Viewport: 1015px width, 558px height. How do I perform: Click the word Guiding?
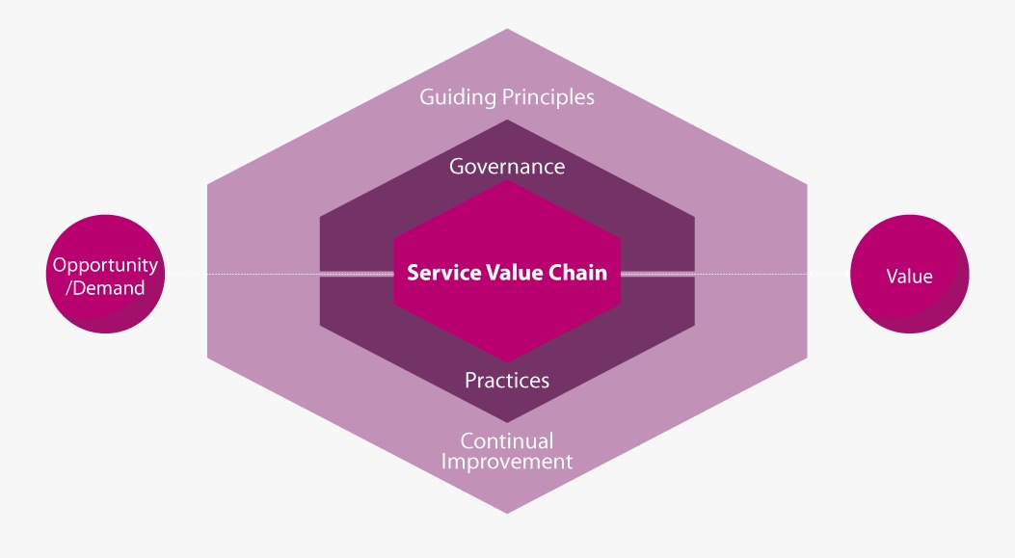pyautogui.click(x=458, y=97)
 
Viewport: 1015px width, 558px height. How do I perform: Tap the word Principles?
pyautogui.click(x=548, y=97)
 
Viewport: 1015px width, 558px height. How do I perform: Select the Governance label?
pyautogui.click(x=507, y=167)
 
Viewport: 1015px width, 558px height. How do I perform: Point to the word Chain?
pyautogui.click(x=578, y=273)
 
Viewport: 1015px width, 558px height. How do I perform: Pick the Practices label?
pyautogui.click(x=507, y=380)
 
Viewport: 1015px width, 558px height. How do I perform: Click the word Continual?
pyautogui.click(x=507, y=440)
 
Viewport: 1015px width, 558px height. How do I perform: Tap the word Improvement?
pyautogui.click(x=507, y=462)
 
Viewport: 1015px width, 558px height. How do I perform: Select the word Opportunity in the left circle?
pyautogui.click(x=105, y=265)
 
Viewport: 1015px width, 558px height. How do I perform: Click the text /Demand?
pyautogui.click(x=105, y=288)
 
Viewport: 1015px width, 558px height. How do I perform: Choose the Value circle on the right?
pyautogui.click(x=910, y=274)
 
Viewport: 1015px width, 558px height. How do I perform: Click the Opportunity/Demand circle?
pyautogui.click(x=105, y=274)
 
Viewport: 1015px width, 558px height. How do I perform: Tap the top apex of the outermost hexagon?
pyautogui.click(x=507, y=29)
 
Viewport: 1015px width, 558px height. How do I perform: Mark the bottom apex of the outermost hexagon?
pyautogui.click(x=507, y=514)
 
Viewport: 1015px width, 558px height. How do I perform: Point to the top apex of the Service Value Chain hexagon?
pyautogui.click(x=507, y=180)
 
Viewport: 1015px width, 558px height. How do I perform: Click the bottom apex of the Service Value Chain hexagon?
pyautogui.click(x=507, y=362)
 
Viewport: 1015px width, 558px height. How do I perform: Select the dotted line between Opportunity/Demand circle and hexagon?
pyautogui.click(x=186, y=274)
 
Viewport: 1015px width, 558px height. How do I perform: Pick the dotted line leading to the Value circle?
pyautogui.click(x=829, y=274)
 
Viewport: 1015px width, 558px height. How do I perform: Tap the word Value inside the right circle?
pyautogui.click(x=910, y=277)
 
